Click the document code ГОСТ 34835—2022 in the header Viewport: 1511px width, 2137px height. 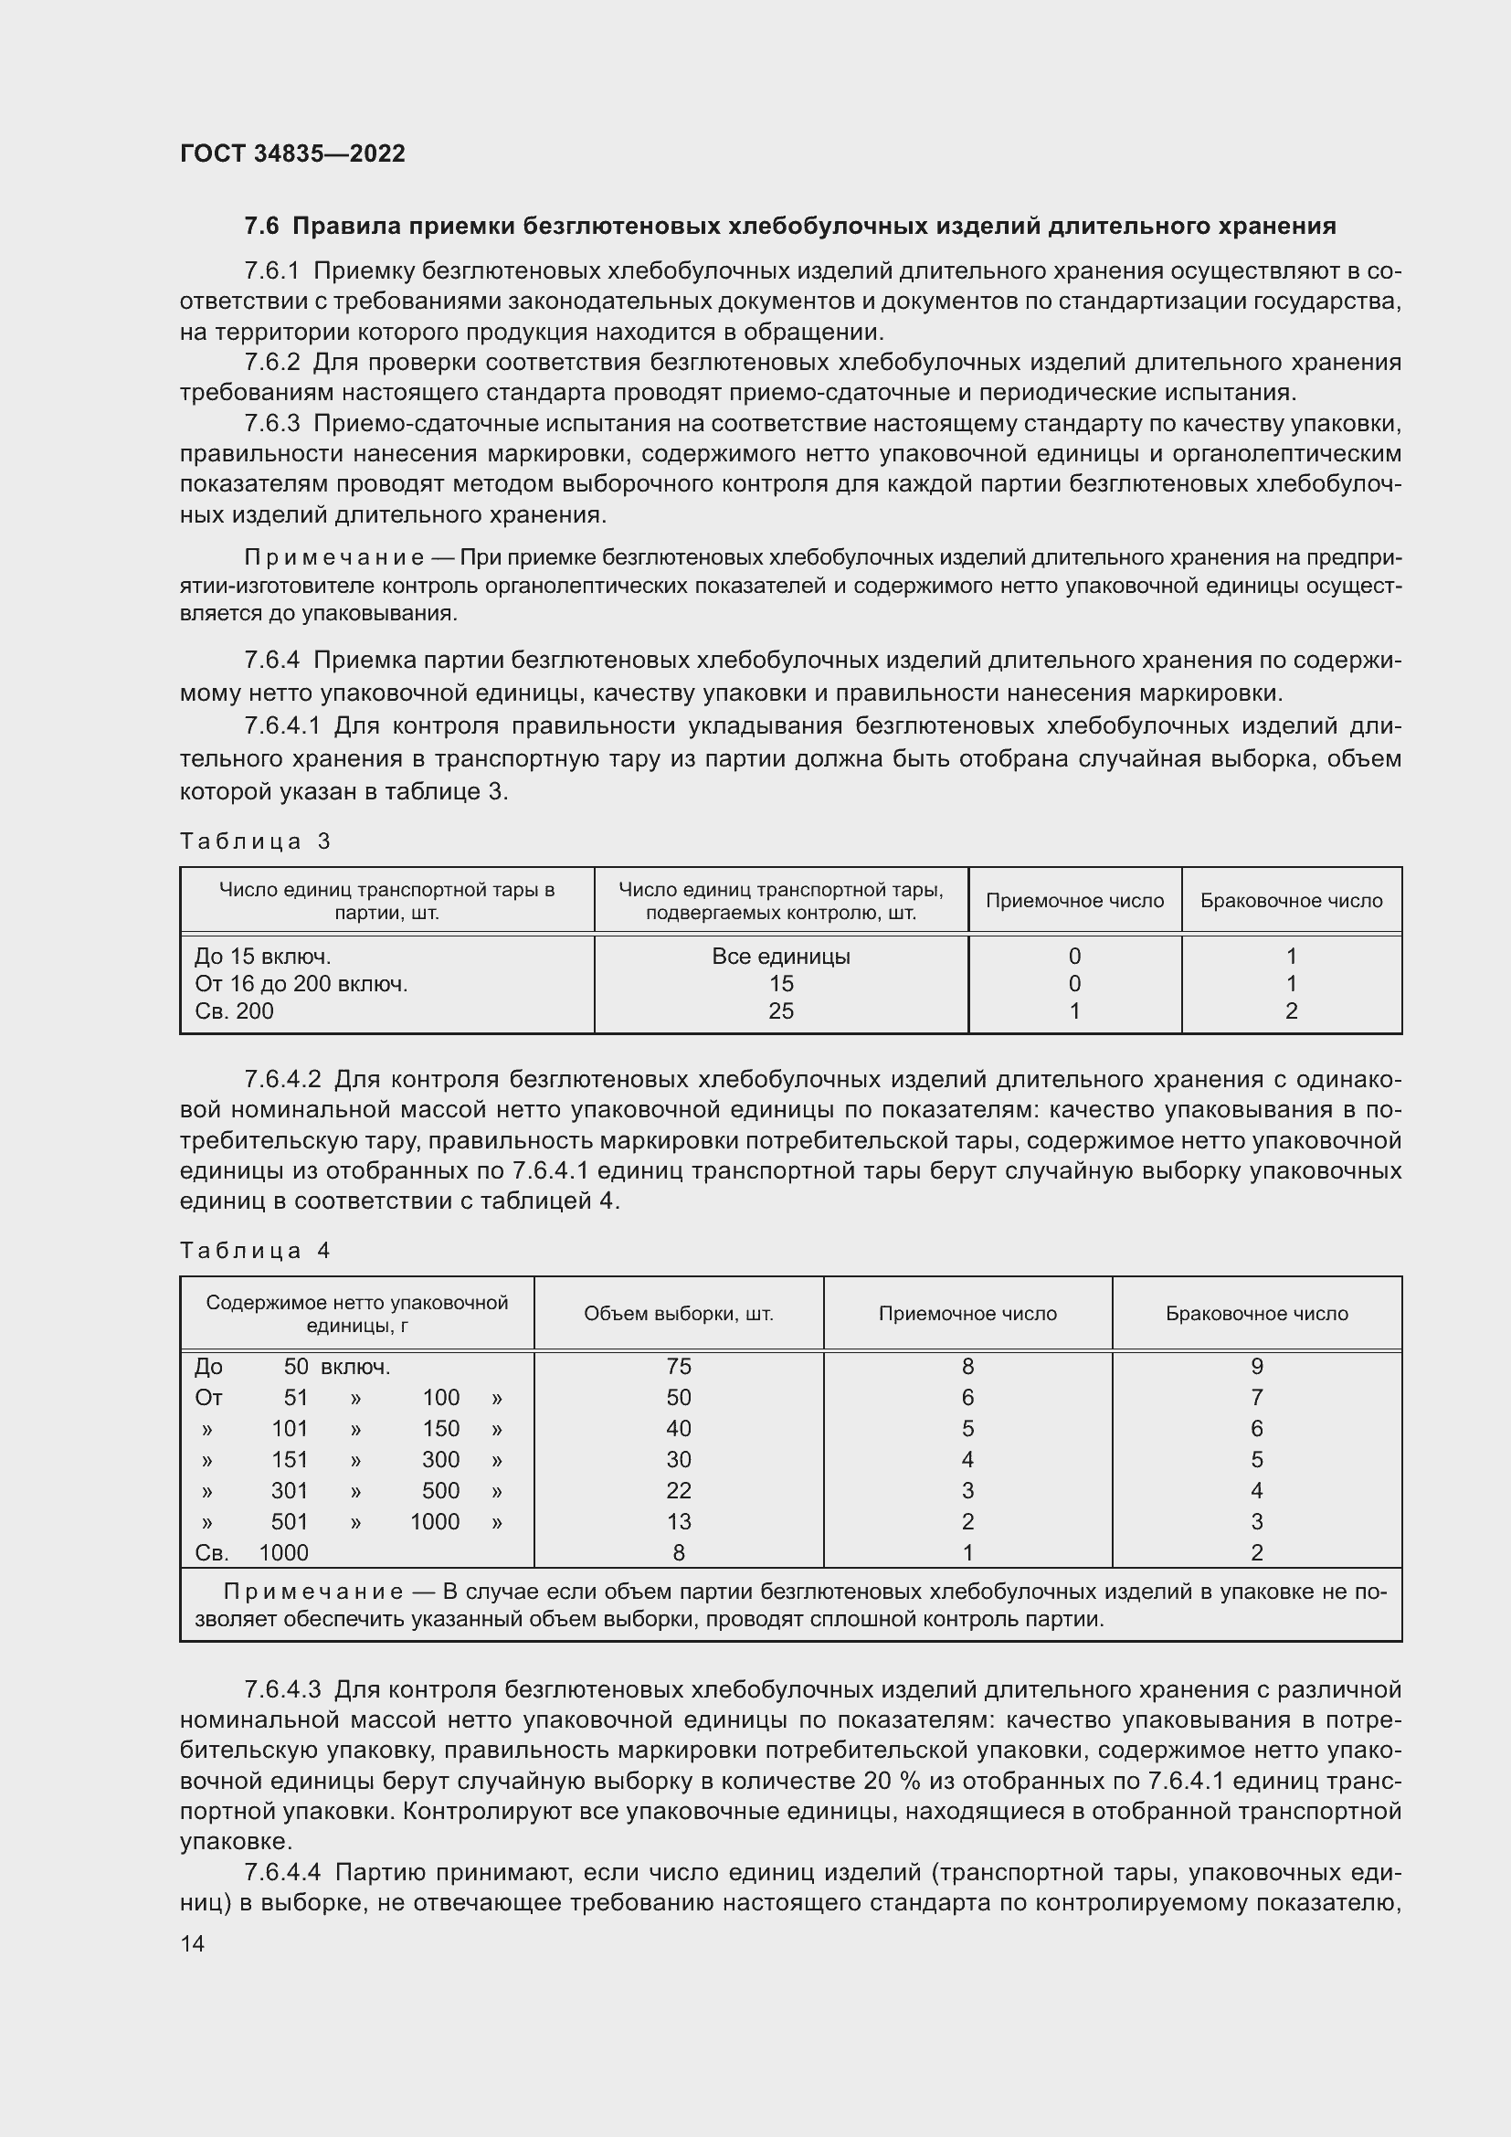pyautogui.click(x=292, y=153)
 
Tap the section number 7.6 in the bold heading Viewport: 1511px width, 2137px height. pyautogui.click(x=260, y=227)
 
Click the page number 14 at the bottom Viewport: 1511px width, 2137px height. pyautogui.click(x=192, y=1943)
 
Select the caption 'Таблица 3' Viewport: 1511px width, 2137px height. pyautogui.click(x=255, y=841)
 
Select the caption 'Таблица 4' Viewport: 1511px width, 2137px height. pyautogui.click(x=255, y=1251)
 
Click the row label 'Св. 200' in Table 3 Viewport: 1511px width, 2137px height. pyautogui.click(x=235, y=1010)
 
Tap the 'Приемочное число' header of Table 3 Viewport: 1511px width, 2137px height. pyautogui.click(x=1074, y=900)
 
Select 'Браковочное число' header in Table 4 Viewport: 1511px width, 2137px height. pyautogui.click(x=1256, y=1313)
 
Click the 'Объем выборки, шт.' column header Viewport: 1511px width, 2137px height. pyautogui.click(x=678, y=1313)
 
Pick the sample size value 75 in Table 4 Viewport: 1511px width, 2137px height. pyautogui.click(x=678, y=1366)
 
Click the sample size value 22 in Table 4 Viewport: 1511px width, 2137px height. pyautogui.click(x=678, y=1490)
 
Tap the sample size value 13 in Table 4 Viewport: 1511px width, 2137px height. pyautogui.click(x=678, y=1521)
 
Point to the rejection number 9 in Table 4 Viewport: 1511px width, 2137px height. pyautogui.click(x=1256, y=1366)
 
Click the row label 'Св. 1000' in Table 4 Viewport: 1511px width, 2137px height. pyautogui.click(x=251, y=1552)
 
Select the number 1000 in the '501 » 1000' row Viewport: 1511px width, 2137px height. pyautogui.click(x=435, y=1521)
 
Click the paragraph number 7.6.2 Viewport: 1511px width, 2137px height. pyautogui.click(x=271, y=362)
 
